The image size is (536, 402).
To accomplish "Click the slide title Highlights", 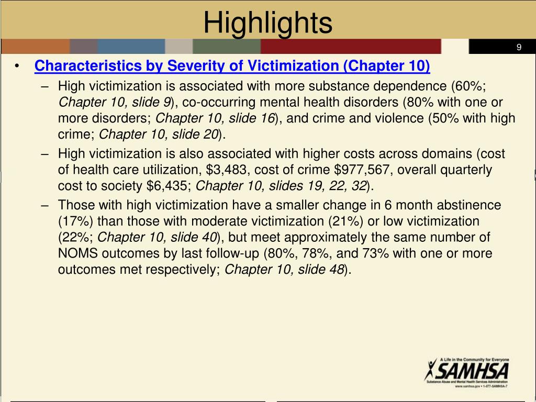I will pyautogui.click(x=267, y=23).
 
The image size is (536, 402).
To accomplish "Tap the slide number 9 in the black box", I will pyautogui.click(x=519, y=47).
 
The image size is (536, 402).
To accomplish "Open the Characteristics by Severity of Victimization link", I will pyautogui.click(x=232, y=66).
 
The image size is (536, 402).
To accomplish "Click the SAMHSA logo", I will pyautogui.click(x=466, y=372).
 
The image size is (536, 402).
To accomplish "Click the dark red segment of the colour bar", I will pyautogui.click(x=351, y=47).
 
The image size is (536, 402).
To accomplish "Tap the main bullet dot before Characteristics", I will pyautogui.click(x=17, y=66).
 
